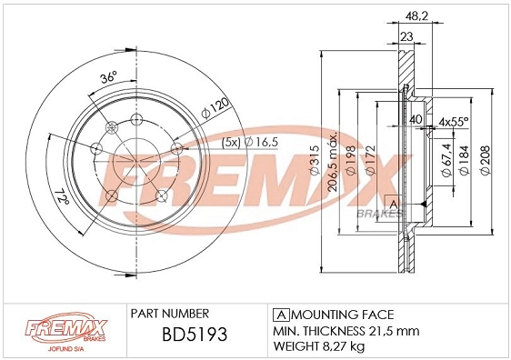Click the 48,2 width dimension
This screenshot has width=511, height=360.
pos(416,16)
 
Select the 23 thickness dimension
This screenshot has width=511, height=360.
pos(406,37)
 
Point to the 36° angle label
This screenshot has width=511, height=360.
pos(108,78)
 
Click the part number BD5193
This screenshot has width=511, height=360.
pos(181,335)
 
